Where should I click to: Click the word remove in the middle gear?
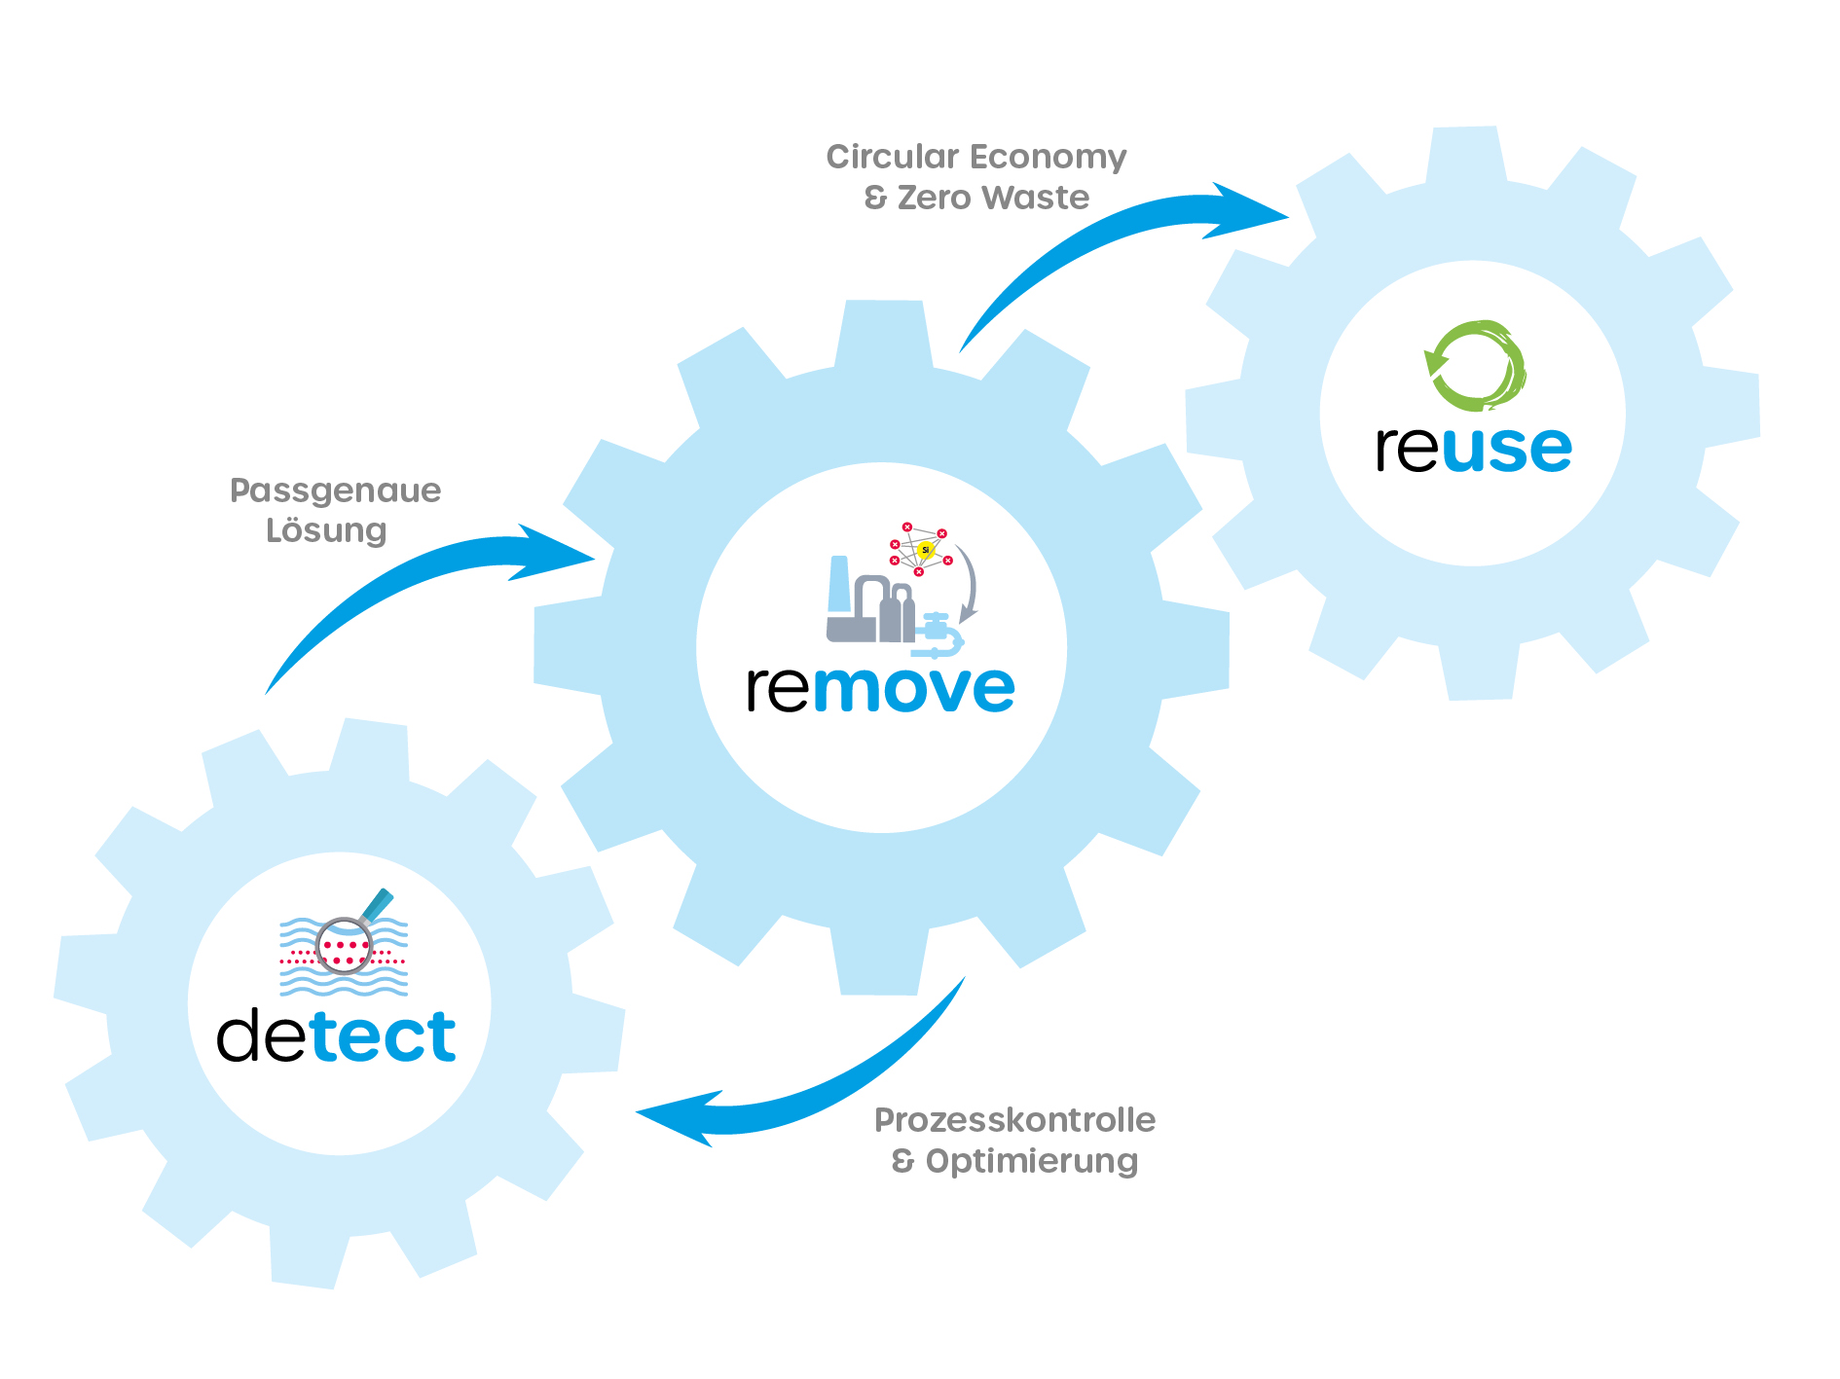(x=881, y=688)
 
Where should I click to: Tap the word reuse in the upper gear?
(x=1473, y=449)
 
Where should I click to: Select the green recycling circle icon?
(x=1474, y=366)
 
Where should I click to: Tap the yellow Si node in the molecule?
(x=926, y=551)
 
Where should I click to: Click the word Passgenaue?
(x=335, y=490)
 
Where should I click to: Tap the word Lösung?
(x=326, y=531)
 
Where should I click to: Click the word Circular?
(x=892, y=157)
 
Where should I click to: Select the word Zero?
(x=934, y=198)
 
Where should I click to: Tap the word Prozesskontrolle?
(x=1014, y=1120)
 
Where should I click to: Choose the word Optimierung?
(x=1031, y=1161)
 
